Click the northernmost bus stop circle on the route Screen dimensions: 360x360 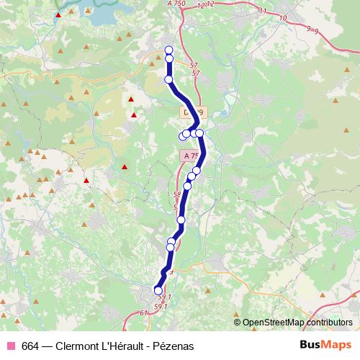point(168,50)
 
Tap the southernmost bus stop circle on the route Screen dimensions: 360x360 point(158,290)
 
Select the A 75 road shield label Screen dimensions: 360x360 point(190,156)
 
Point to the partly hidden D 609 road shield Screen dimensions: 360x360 point(193,112)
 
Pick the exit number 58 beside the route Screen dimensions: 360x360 point(177,194)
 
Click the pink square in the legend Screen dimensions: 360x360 point(11,346)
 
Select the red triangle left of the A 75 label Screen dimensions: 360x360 point(125,168)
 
